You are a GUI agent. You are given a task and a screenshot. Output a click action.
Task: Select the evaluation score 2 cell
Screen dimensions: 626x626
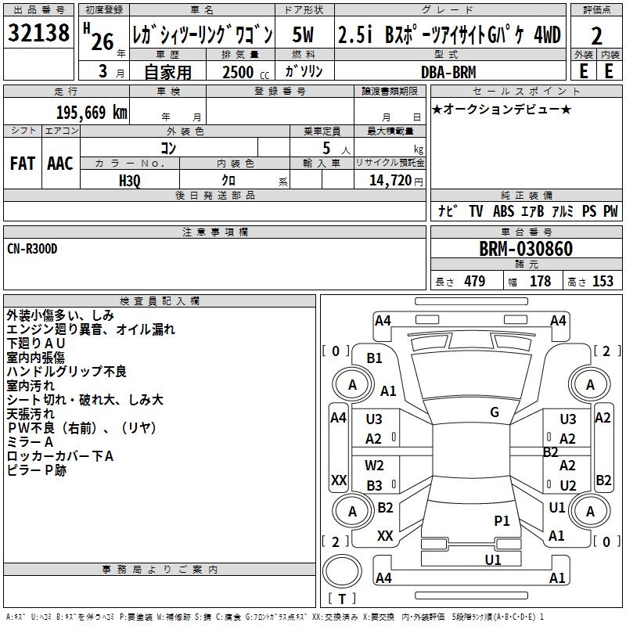596,35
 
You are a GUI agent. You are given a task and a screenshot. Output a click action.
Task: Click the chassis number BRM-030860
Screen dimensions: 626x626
526,250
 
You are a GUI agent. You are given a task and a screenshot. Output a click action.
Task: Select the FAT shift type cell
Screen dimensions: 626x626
23,164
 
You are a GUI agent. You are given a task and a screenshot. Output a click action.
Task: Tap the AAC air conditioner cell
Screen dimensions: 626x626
60,164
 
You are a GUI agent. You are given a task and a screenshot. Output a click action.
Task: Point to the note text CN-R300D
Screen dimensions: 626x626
32,249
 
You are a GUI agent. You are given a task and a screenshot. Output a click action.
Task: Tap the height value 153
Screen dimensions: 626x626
603,282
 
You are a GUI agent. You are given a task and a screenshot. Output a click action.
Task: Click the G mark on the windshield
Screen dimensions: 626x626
494,412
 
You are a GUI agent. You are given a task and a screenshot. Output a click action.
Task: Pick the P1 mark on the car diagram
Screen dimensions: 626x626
502,520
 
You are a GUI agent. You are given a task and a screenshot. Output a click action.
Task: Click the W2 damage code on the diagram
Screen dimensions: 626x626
374,466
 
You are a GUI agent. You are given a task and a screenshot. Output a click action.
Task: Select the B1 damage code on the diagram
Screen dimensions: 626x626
374,358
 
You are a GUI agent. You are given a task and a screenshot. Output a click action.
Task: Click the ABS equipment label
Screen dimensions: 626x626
503,211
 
